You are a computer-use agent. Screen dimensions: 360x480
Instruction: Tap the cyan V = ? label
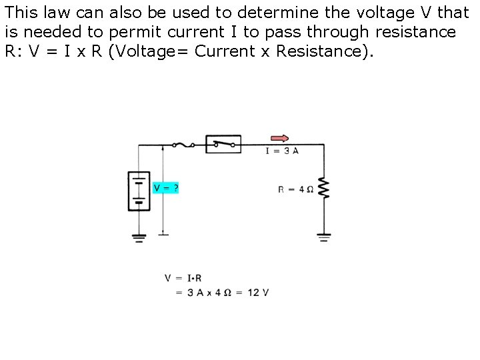click(x=166, y=188)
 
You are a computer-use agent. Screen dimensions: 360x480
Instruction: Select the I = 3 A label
click(x=282, y=151)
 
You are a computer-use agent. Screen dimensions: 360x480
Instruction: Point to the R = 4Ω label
click(x=295, y=189)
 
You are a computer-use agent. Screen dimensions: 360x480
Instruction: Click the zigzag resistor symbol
click(x=325, y=188)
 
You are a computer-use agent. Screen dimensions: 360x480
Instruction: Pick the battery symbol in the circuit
click(x=138, y=191)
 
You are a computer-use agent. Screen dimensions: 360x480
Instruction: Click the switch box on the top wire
click(x=223, y=143)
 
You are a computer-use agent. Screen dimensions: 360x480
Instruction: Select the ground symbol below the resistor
click(x=325, y=236)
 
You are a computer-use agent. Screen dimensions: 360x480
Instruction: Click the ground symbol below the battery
click(x=139, y=237)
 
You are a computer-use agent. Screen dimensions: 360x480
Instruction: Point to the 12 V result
click(x=257, y=293)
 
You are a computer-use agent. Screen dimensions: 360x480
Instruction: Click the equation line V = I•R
click(x=183, y=278)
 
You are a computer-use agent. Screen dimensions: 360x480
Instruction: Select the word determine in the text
click(x=301, y=12)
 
